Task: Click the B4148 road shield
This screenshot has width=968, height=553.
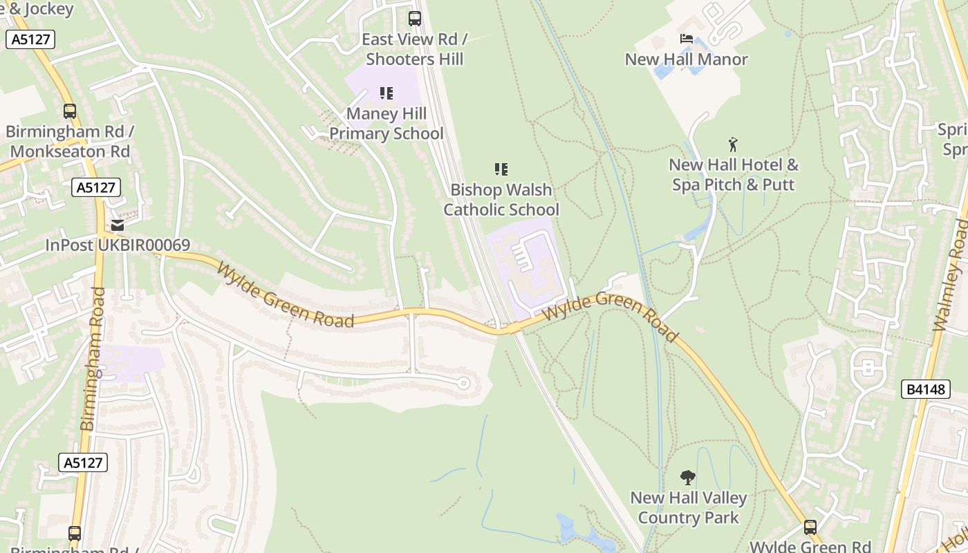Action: point(925,389)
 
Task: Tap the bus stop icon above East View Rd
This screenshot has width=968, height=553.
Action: point(414,19)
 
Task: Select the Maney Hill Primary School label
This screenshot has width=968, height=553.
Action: point(386,124)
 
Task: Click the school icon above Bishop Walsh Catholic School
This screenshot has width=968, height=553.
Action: point(501,169)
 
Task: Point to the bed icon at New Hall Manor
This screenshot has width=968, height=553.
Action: point(686,39)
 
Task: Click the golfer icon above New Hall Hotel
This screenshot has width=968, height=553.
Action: point(733,144)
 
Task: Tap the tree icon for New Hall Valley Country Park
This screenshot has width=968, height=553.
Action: point(687,477)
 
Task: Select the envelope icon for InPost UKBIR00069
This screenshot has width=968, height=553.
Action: point(118,225)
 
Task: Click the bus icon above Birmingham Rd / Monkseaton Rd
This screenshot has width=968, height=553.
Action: point(69,111)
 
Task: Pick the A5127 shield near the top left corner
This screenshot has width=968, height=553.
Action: point(30,39)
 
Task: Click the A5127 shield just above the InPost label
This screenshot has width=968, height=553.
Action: point(96,187)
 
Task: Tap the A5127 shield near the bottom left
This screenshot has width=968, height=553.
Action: point(83,462)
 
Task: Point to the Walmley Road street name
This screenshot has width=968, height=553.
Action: point(950,276)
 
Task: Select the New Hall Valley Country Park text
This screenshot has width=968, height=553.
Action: point(688,507)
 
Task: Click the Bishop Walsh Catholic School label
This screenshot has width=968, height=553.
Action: point(501,200)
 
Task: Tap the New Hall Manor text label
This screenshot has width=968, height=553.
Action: point(686,59)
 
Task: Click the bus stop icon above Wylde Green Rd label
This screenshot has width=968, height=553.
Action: point(810,527)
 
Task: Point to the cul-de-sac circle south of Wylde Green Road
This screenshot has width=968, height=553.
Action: point(464,383)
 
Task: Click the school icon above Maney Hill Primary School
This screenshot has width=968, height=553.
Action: point(386,93)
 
